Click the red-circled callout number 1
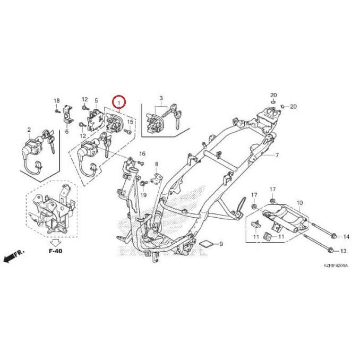point(119,101)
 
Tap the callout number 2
point(28,129)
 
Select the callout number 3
point(161,99)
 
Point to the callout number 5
point(96,100)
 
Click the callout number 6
point(67,131)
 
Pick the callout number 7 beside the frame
point(277,156)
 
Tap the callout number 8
point(157,165)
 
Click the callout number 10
point(299,203)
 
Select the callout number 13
point(343,251)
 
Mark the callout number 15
point(130,123)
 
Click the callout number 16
point(142,154)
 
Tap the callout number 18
point(57,100)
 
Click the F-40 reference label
point(55,250)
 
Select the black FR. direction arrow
point(12,257)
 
